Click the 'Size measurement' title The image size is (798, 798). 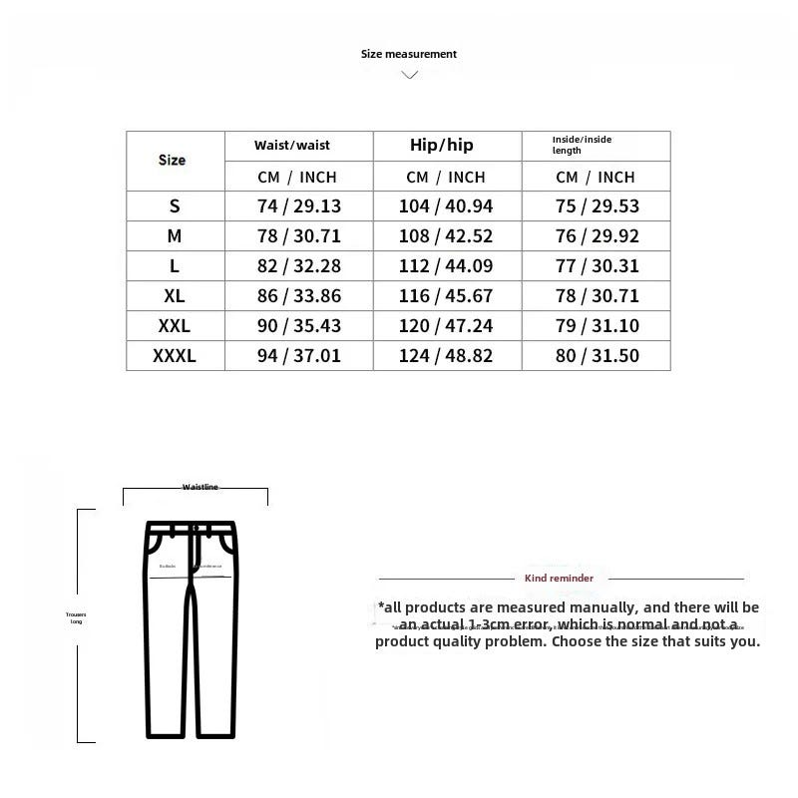coord(409,54)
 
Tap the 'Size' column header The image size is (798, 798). coord(172,160)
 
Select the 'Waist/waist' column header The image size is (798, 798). coord(292,146)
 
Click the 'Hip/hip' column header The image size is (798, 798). coord(442,146)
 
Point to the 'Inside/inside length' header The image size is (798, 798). coord(583,146)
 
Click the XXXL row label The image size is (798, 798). coord(175,356)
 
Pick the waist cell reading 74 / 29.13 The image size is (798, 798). coord(298,206)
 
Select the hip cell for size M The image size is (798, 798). coord(447,236)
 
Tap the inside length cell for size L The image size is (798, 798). coord(597,266)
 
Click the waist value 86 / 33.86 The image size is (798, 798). coord(298,296)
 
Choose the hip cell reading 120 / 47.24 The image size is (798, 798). coord(447,326)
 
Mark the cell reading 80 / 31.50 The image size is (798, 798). coord(597,356)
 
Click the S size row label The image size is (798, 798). coord(175,206)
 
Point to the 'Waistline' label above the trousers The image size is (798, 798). coord(199,487)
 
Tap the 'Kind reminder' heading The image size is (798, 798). coord(559,578)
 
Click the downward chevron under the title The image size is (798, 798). coord(409,75)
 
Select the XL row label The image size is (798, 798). coord(175,296)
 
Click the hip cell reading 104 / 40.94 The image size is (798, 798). coord(447,206)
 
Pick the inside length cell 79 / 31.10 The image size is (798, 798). coord(597,326)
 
